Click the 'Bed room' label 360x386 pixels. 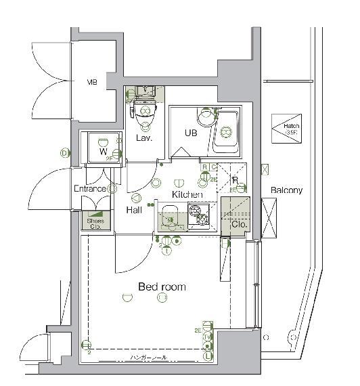coord(162,286)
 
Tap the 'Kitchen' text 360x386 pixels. coord(187,194)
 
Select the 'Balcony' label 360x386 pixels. coord(286,190)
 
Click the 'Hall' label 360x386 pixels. coord(133,211)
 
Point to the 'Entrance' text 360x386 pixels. coord(90,188)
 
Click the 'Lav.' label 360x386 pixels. coord(143,138)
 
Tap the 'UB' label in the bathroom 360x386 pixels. coord(192,133)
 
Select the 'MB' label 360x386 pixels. coord(91,83)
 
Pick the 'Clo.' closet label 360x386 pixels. coord(239,223)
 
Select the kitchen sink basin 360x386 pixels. coord(170,219)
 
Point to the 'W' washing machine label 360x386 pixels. coord(103,152)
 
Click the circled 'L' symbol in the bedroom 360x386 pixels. coord(207,356)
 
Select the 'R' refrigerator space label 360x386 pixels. coord(234,180)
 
